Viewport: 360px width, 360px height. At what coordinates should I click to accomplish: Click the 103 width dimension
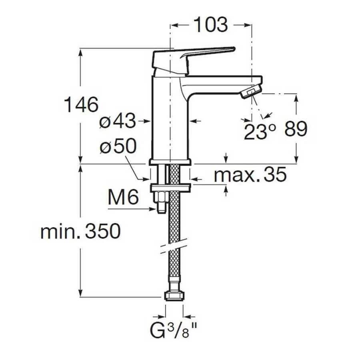click(x=211, y=24)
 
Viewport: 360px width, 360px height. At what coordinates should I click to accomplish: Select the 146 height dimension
click(x=81, y=104)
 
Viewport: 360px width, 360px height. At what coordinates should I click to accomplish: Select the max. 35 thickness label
click(x=250, y=174)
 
